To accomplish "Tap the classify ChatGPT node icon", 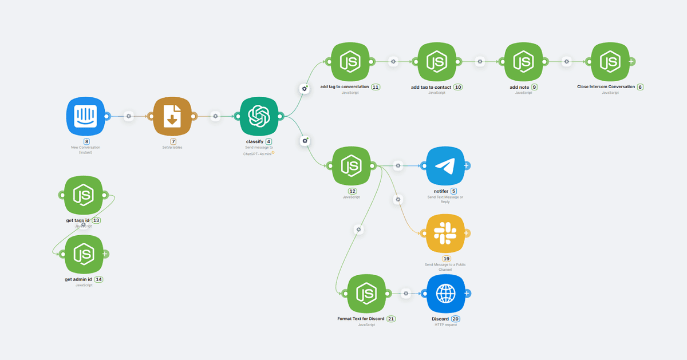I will tap(259, 116).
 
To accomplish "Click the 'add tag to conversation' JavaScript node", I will tap(350, 62).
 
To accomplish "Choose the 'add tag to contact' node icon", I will tap(437, 62).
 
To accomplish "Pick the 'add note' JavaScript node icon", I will tap(523, 62).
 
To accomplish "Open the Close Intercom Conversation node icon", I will tap(610, 62).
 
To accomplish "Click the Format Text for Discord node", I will tap(366, 294).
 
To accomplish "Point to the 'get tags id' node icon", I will tap(84, 195).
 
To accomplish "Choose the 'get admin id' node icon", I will tap(84, 254).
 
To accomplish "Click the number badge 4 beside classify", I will tap(269, 141).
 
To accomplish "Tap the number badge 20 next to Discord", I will tap(456, 319).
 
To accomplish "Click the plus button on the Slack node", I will tap(467, 233).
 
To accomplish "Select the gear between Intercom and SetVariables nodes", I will tap(129, 116).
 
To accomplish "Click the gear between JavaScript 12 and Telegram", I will tap(398, 166).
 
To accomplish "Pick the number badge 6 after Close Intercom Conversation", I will tap(640, 87).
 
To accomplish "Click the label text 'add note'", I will tap(519, 87).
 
